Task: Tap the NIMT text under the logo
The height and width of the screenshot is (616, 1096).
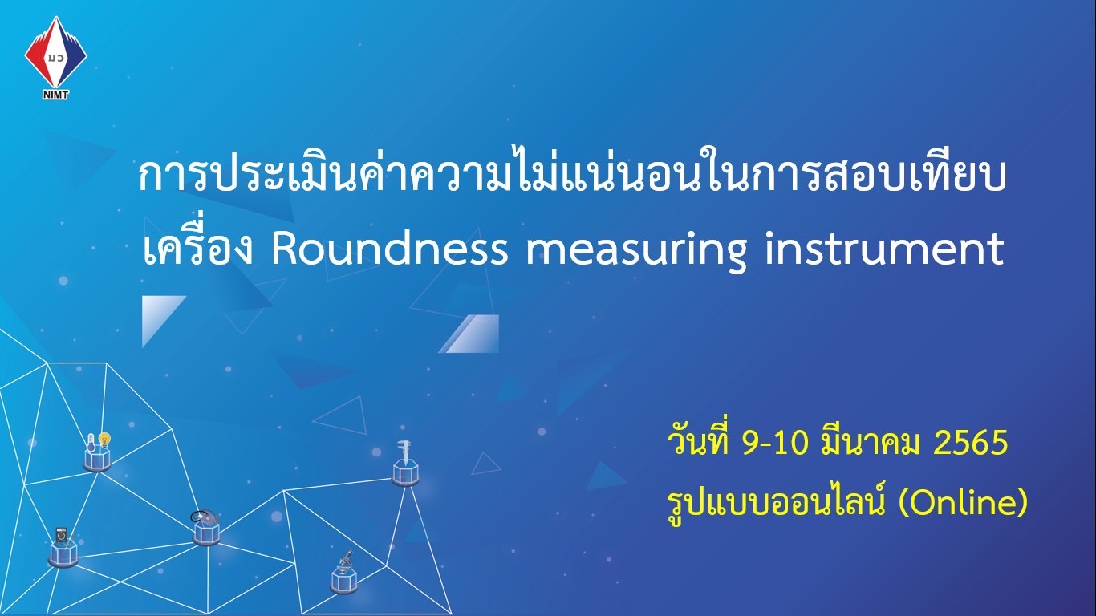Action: point(56,95)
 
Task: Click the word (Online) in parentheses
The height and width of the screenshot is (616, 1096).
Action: point(963,504)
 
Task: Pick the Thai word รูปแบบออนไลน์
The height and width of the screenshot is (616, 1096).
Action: point(776,504)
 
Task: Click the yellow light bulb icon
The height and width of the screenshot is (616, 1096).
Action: point(104,440)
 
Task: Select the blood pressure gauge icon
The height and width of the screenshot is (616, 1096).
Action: point(202,517)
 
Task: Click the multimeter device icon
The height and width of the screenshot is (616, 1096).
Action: point(62,535)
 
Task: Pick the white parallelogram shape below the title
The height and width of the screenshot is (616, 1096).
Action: point(469,334)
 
